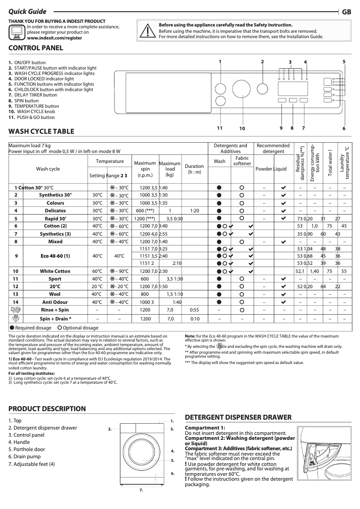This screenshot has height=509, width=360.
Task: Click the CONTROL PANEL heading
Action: [36, 48]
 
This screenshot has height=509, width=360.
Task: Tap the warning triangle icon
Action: [147, 30]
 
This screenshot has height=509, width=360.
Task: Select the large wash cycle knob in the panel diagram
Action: [241, 90]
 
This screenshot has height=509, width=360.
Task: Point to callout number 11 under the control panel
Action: [220, 128]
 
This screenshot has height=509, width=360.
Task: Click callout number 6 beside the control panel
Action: [344, 128]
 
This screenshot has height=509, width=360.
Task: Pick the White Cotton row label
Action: [55, 271]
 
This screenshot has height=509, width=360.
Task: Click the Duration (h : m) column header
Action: [194, 169]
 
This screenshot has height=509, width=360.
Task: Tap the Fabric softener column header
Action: [242, 161]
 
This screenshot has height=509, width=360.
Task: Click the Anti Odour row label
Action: [55, 302]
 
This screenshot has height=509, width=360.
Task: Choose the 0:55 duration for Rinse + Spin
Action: [194, 310]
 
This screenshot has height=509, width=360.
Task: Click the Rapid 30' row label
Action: [55, 218]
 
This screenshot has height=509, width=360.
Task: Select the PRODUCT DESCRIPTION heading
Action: [47, 408]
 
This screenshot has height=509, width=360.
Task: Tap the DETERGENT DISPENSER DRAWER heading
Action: [238, 417]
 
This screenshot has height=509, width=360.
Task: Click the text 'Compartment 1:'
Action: [205, 428]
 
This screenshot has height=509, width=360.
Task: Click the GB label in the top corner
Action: [346, 12]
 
